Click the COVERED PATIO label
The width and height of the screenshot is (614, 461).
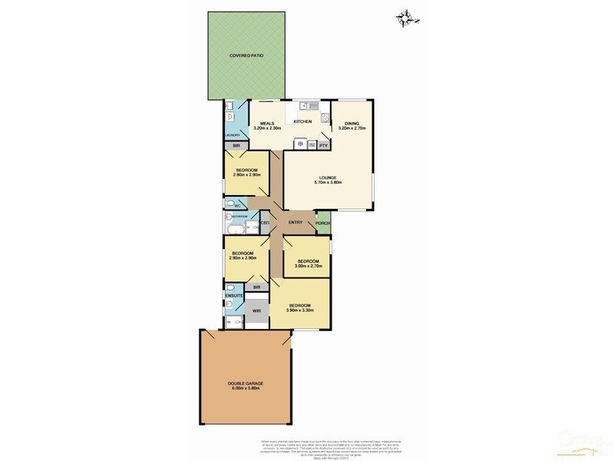click(246, 56)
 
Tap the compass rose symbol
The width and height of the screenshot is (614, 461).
click(404, 16)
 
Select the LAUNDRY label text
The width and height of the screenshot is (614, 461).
click(233, 134)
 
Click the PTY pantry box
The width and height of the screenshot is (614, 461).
click(323, 144)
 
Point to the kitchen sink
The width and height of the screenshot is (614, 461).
click(309, 106)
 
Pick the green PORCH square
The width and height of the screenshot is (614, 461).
click(323, 223)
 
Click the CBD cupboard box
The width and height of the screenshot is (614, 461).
click(264, 223)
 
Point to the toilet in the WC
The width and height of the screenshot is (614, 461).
click(231, 204)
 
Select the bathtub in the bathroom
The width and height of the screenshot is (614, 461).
click(235, 228)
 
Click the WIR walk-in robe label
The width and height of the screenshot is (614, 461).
click(256, 310)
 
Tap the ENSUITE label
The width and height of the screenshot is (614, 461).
click(234, 295)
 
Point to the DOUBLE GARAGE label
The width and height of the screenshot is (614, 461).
click(245, 386)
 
